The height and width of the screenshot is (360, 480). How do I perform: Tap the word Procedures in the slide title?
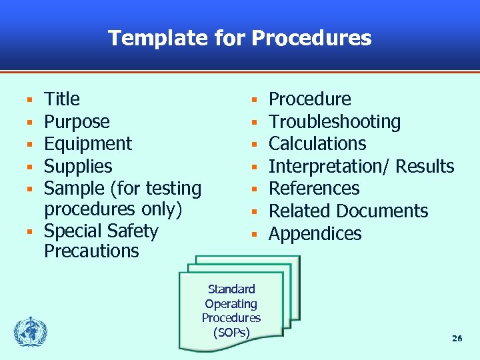[x=311, y=38]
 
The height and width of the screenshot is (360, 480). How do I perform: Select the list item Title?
[x=62, y=99]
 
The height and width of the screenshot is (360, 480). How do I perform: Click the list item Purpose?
[x=77, y=122]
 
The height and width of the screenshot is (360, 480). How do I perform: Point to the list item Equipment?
[x=88, y=144]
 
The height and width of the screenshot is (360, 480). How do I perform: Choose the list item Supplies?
[x=78, y=167]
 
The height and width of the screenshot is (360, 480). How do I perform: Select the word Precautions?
[x=91, y=251]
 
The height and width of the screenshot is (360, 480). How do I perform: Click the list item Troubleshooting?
[x=334, y=122]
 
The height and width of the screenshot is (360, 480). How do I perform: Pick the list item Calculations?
[x=317, y=144]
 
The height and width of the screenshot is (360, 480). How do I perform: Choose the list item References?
[x=314, y=189]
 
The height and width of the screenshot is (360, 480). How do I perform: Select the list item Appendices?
[x=315, y=234]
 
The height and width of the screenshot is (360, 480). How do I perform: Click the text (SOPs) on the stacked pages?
[x=231, y=332]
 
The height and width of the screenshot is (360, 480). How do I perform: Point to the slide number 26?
[x=457, y=339]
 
